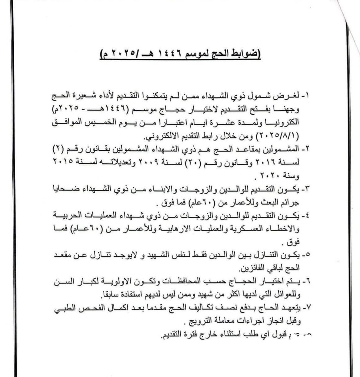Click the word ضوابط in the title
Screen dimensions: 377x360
(x=244, y=54)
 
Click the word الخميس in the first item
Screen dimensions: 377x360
(x=95, y=122)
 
